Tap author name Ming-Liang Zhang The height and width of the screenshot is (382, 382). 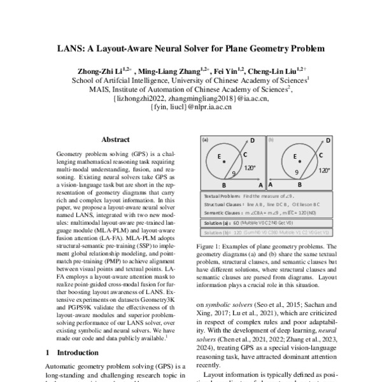tap(168, 71)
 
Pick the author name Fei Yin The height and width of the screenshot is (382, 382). tap(226, 71)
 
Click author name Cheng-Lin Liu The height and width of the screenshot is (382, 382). tap(277, 71)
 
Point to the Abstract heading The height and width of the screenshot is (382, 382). tap(115, 139)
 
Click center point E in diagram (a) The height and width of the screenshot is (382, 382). tap(220, 156)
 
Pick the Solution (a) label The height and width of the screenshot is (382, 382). tap(217, 224)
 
